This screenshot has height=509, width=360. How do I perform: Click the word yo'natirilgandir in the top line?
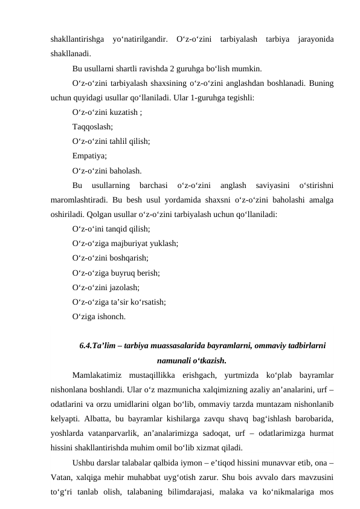tap(140, 40)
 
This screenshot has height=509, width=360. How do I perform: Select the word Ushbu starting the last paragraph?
tap(83, 462)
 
